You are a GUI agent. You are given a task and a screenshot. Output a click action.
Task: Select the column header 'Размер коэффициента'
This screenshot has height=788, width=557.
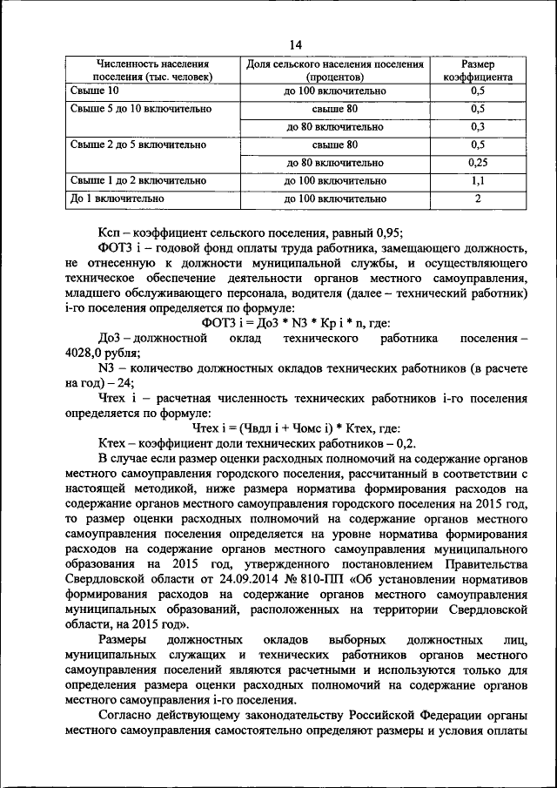(x=477, y=71)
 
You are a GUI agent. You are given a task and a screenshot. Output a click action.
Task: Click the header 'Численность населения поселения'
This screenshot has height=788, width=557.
(x=142, y=71)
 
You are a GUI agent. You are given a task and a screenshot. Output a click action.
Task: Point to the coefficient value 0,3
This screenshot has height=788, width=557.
(x=477, y=126)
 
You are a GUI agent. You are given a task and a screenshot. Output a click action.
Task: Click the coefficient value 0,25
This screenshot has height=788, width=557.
(x=477, y=162)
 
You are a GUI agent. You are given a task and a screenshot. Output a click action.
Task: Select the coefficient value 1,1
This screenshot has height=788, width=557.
(x=477, y=180)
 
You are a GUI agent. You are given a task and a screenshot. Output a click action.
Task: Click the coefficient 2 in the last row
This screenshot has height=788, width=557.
(x=477, y=199)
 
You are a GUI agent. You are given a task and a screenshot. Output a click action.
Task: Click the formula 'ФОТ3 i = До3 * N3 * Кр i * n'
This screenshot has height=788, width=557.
(x=281, y=321)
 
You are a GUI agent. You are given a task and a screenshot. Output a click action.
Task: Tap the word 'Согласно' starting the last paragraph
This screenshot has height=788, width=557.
(x=128, y=716)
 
